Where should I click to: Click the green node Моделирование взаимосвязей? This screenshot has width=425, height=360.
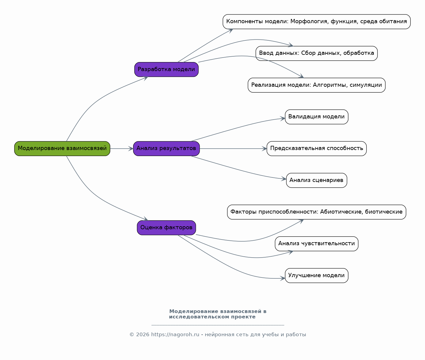point(62,149)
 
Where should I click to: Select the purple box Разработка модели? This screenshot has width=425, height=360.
point(167,70)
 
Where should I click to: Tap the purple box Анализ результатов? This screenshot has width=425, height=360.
point(167,149)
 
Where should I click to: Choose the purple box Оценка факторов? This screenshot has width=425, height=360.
point(167,228)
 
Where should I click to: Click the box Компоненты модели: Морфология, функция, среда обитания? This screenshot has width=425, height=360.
point(317,22)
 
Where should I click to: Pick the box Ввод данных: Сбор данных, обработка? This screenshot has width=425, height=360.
point(317,53)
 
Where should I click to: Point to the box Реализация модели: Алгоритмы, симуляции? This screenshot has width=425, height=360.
point(317,85)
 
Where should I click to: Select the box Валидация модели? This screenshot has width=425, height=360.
point(317,117)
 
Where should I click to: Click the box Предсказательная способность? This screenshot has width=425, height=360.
point(317,149)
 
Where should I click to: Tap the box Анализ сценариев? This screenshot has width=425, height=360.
point(317,180)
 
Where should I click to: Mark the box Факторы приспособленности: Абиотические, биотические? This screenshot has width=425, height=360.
point(317,212)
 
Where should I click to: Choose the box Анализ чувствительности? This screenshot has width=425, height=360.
point(317,244)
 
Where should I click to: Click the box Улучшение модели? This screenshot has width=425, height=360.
point(317,276)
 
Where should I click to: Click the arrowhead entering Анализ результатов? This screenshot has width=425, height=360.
point(131,149)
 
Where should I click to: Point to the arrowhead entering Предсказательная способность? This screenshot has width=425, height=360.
point(264,149)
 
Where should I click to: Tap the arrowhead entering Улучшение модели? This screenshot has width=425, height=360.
point(283,279)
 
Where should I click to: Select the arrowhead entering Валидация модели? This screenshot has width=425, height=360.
point(283,118)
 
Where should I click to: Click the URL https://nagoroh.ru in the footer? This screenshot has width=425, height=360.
point(175,335)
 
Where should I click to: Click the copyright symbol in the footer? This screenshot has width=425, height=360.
point(132,335)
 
